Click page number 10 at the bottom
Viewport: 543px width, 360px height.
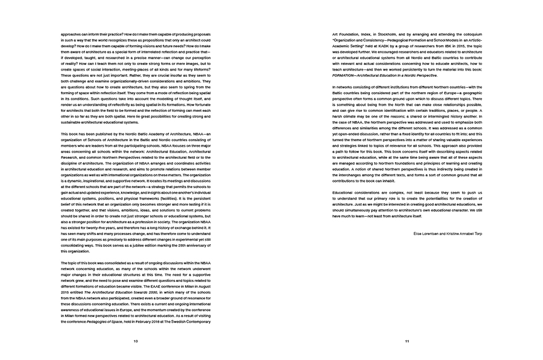pos(135,341)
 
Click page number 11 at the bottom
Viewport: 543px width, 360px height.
pos(407,341)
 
